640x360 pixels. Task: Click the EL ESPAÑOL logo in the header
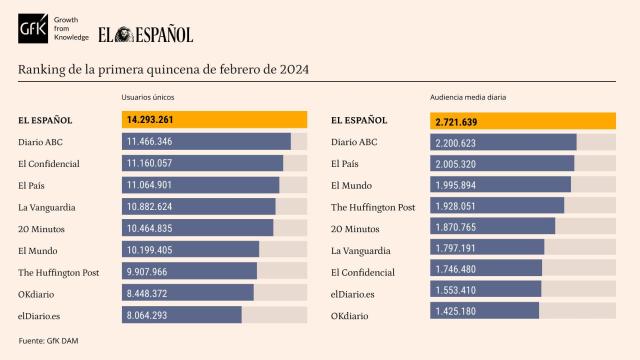(145, 34)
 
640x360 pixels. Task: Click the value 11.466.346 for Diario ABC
(150, 142)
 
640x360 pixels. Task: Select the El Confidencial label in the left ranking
(49, 163)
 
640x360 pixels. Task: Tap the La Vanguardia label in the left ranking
(47, 207)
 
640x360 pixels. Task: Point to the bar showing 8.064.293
(181, 315)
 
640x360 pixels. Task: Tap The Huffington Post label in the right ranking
(372, 207)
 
